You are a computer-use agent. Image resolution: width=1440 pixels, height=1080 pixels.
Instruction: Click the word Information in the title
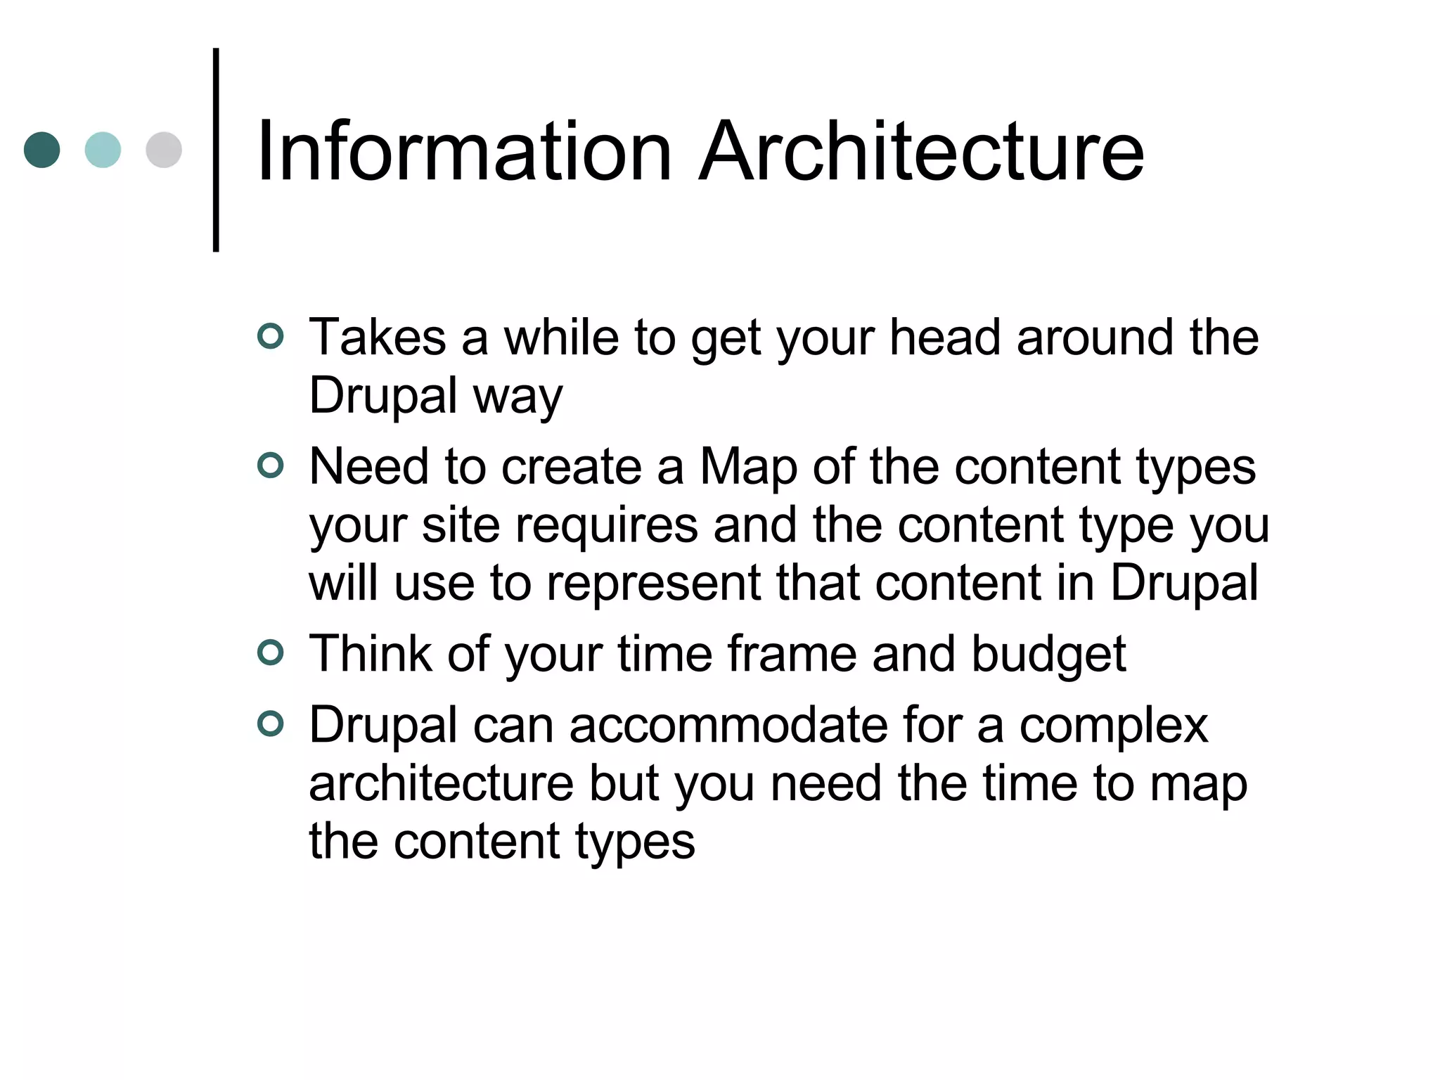[x=465, y=151]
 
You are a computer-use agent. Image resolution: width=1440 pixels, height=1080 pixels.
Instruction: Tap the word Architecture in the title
[x=922, y=151]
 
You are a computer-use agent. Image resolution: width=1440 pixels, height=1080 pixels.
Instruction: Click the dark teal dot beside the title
[x=42, y=150]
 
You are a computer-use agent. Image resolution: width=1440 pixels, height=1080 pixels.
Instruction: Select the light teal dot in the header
[x=103, y=150]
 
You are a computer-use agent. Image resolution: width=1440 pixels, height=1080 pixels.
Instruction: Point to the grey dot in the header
[x=164, y=150]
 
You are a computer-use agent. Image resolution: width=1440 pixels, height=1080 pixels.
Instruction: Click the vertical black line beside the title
[x=216, y=150]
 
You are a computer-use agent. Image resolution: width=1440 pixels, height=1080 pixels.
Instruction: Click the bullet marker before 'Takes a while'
[x=271, y=336]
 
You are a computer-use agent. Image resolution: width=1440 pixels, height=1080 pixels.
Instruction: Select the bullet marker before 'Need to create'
[x=271, y=465]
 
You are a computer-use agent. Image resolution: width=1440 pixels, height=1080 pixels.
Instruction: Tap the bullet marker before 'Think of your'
[x=271, y=653]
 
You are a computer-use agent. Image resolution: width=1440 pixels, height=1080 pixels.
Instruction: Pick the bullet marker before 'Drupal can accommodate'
[x=271, y=724]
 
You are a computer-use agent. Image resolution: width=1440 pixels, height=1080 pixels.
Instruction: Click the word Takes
[x=378, y=337]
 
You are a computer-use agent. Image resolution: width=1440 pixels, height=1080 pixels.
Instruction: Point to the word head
[x=945, y=337]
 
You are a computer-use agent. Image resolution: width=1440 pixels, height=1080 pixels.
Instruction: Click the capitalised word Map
[x=748, y=468]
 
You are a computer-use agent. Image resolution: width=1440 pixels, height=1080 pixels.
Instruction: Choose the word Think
[x=371, y=654]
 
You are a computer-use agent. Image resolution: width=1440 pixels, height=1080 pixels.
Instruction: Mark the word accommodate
[x=728, y=726]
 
